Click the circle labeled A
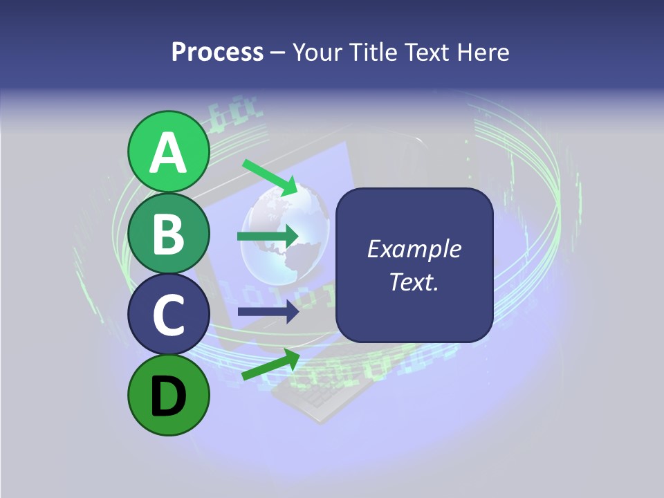coord(169,151)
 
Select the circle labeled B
coord(169,233)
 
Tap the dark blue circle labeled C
coord(169,314)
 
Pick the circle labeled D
coord(169,395)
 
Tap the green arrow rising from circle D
coord(270,364)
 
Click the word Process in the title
coord(217,53)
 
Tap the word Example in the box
coord(414,249)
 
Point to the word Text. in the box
coord(414,282)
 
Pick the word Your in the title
coord(317,53)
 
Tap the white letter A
coord(169,153)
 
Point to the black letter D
coord(169,396)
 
